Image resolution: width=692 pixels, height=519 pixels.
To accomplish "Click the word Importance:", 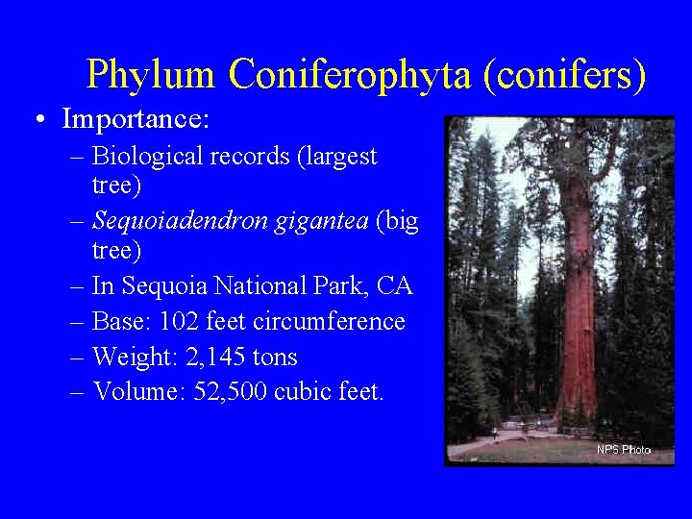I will [136, 120].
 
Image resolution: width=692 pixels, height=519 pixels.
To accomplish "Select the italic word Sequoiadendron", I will [181, 221].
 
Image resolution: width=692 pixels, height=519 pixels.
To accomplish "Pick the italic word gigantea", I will [322, 221].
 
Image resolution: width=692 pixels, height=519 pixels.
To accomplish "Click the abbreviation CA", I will [394, 285].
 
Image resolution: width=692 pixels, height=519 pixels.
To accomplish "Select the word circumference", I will [329, 321].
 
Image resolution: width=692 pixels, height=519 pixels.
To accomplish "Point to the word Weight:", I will [133, 358].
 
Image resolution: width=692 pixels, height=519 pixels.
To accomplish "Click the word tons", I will [274, 358].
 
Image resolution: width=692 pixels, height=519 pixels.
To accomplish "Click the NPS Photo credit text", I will [624, 450].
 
